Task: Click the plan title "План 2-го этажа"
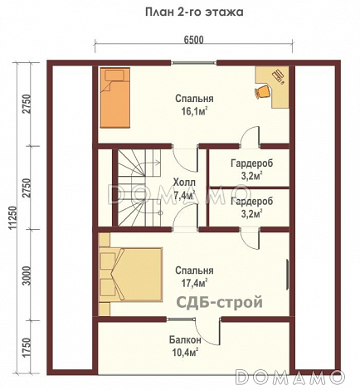click(194, 12)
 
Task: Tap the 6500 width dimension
click(193, 40)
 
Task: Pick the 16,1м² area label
click(194, 111)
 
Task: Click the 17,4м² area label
click(194, 283)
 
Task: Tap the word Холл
click(184, 183)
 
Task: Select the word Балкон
click(185, 340)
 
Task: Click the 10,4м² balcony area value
click(185, 353)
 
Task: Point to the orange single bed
click(115, 98)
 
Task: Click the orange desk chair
click(262, 91)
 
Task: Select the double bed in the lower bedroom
click(130, 275)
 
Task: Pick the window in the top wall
click(193, 63)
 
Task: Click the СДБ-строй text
click(219, 302)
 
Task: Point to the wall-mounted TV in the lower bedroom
click(287, 275)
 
